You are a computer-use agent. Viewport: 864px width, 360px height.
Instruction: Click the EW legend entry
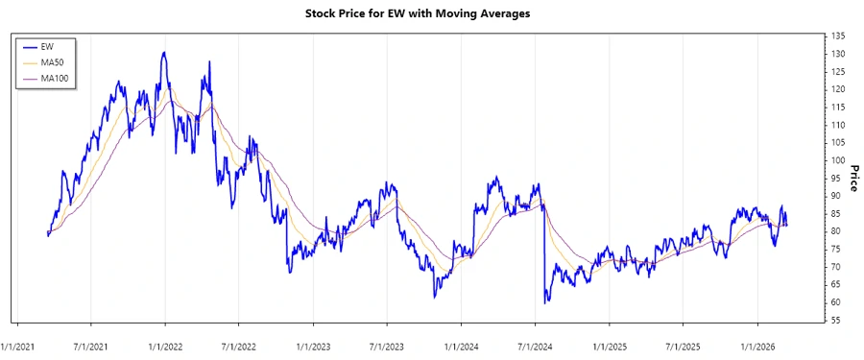pyautogui.click(x=48, y=46)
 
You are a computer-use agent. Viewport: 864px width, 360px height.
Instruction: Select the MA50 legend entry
pyautogui.click(x=52, y=61)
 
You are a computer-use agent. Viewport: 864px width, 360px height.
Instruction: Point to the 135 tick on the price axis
pyautogui.click(x=838, y=36)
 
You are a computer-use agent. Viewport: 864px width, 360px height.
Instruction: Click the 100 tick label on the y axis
pyautogui.click(x=838, y=160)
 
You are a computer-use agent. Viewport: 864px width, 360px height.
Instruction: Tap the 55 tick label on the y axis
pyautogui.click(x=837, y=320)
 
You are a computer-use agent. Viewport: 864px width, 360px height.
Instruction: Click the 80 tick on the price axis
pyautogui.click(x=837, y=231)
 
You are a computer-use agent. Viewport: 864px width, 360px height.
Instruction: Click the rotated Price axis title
pyautogui.click(x=852, y=179)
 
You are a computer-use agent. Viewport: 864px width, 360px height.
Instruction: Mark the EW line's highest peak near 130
pyautogui.click(x=164, y=53)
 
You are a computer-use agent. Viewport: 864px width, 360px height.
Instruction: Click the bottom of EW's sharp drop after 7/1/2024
pyautogui.click(x=546, y=302)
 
